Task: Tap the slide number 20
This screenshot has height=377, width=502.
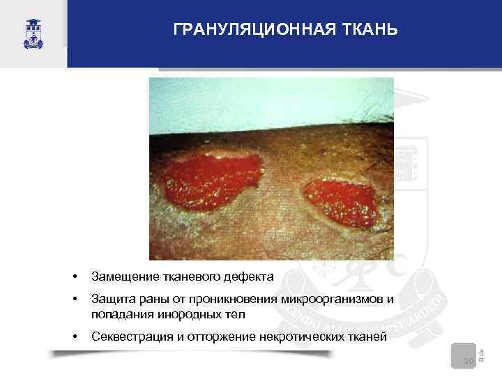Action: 468,361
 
